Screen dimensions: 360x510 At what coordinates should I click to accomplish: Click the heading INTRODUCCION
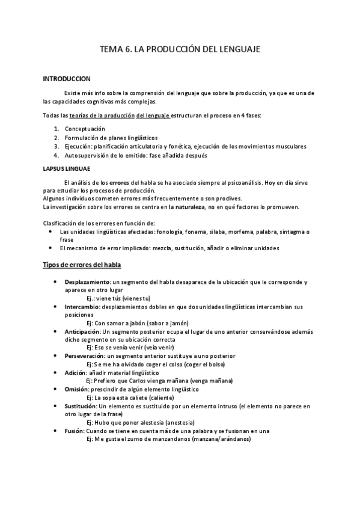click(x=67, y=79)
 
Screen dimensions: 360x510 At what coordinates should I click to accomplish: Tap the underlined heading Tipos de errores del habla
click(x=83, y=265)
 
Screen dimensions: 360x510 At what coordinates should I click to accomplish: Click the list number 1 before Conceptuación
click(x=56, y=129)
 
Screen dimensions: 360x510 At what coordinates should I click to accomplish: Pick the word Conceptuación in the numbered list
click(x=85, y=129)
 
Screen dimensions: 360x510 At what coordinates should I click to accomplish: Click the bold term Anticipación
click(x=83, y=331)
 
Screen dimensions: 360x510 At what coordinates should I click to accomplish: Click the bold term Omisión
click(x=77, y=389)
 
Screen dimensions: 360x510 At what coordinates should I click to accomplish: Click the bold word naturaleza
click(x=186, y=207)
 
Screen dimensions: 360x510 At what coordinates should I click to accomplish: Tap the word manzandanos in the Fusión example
click(x=172, y=439)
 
